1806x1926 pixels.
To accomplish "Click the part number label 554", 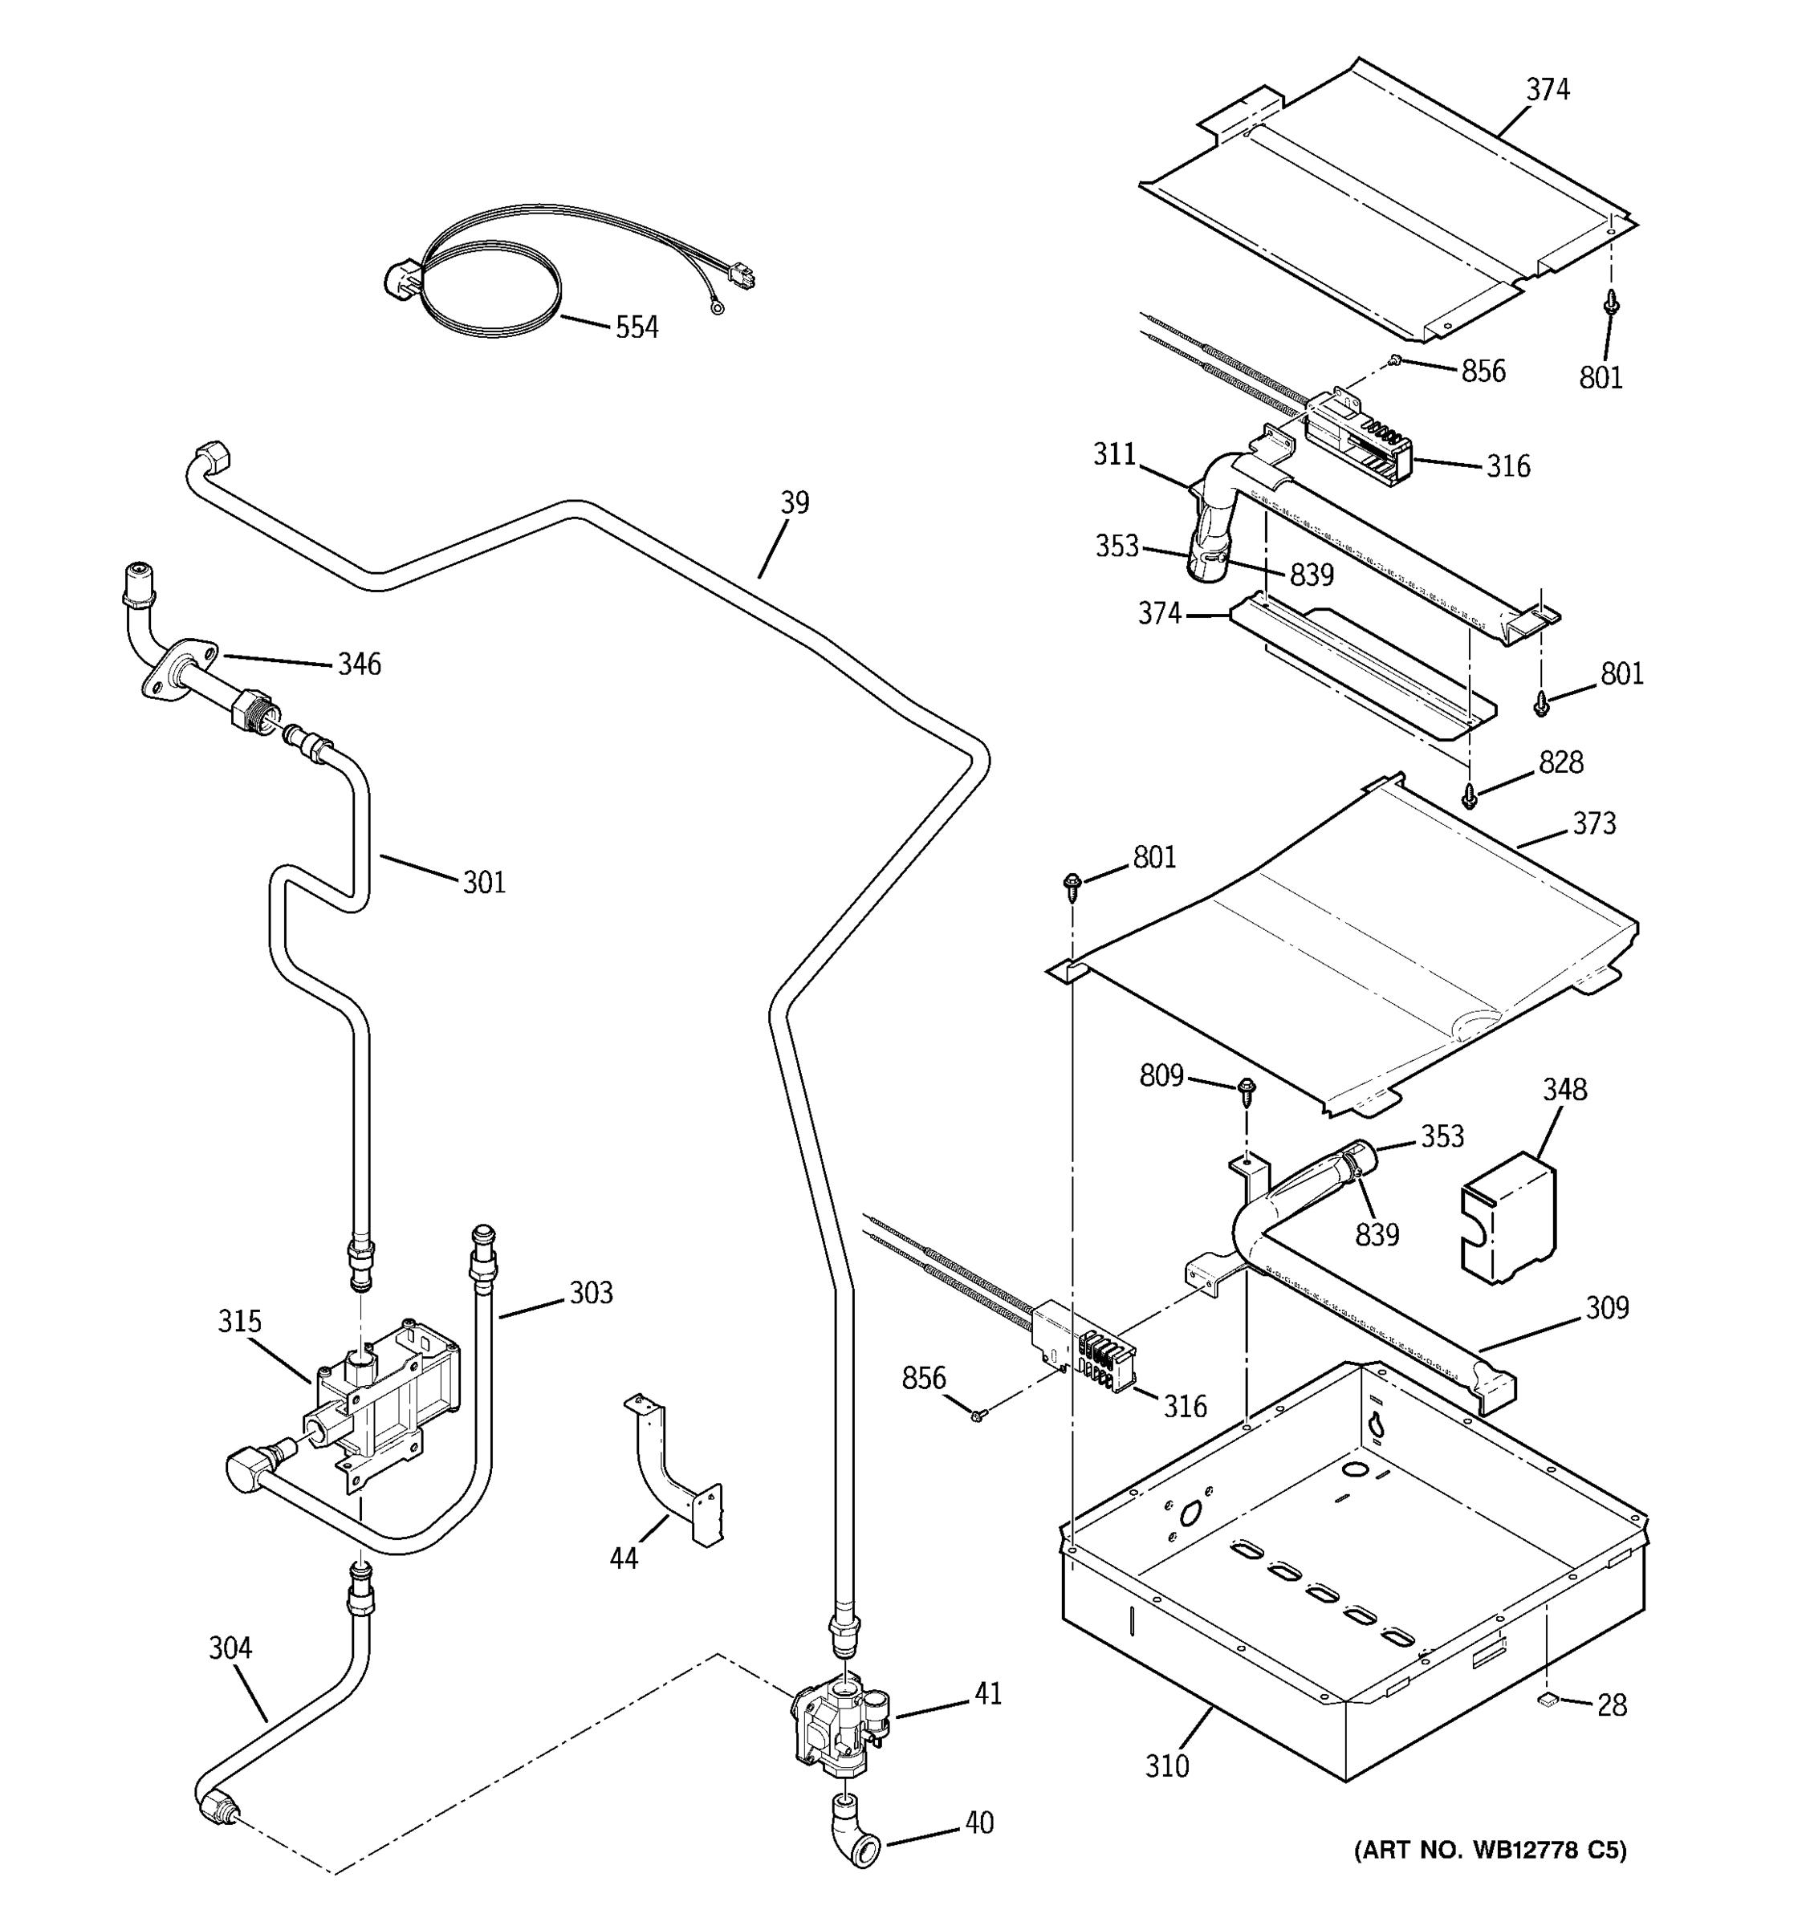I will (x=637, y=327).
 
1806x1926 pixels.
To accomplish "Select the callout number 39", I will (x=795, y=503).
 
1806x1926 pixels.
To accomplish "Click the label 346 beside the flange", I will (x=359, y=664).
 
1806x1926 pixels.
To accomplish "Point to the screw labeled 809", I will (x=1247, y=1090).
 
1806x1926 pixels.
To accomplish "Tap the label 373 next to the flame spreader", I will (x=1594, y=823).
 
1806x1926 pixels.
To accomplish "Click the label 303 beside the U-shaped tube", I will (x=591, y=1292).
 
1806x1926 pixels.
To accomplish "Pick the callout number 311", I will (x=1114, y=453).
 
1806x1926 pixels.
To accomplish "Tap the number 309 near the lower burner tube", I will (x=1608, y=1307).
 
